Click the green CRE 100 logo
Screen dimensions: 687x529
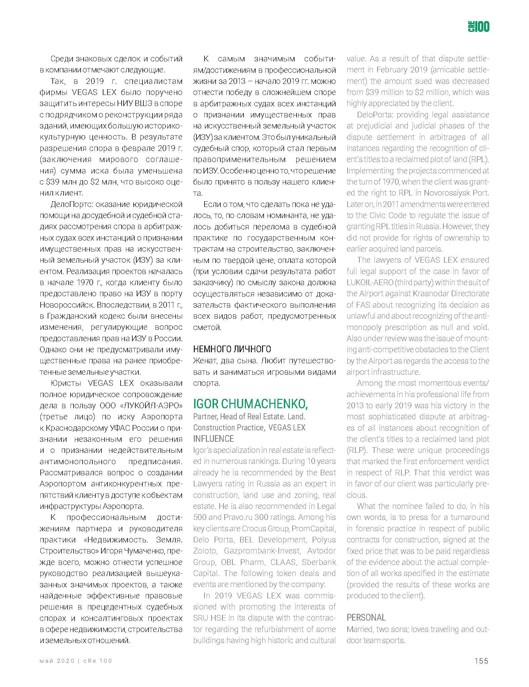coord(478,27)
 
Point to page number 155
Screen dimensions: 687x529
coord(481,661)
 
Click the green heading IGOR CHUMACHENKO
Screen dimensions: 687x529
coord(250,404)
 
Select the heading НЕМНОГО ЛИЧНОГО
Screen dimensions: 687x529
coord(232,349)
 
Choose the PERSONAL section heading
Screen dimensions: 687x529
coord(366,618)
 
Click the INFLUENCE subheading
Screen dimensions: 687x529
coord(213,439)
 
